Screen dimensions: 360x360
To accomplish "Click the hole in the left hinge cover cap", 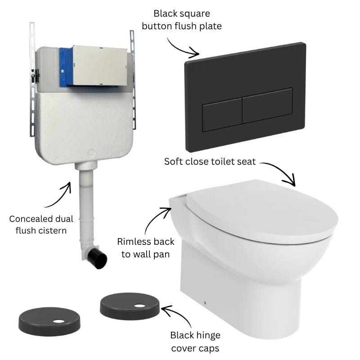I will click(x=59, y=321).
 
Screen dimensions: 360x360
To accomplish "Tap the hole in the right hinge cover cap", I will click(x=139, y=306).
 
